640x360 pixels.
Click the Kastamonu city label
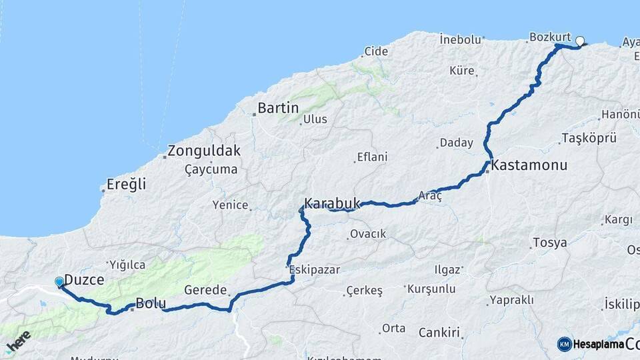point(529,164)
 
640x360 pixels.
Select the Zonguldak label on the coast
point(204,151)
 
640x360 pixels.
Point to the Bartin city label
point(278,108)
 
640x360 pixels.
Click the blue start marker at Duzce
point(59,282)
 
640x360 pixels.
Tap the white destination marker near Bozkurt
point(579,41)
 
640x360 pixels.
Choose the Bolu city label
point(151,304)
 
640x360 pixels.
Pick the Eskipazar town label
point(315,270)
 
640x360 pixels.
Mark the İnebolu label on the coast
point(461,39)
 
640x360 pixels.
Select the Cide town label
point(375,51)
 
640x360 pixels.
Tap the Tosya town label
point(550,243)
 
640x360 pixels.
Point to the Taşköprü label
point(589,138)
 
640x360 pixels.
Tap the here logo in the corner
point(19,342)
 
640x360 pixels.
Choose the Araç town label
point(430,196)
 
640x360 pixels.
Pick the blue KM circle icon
point(565,344)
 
